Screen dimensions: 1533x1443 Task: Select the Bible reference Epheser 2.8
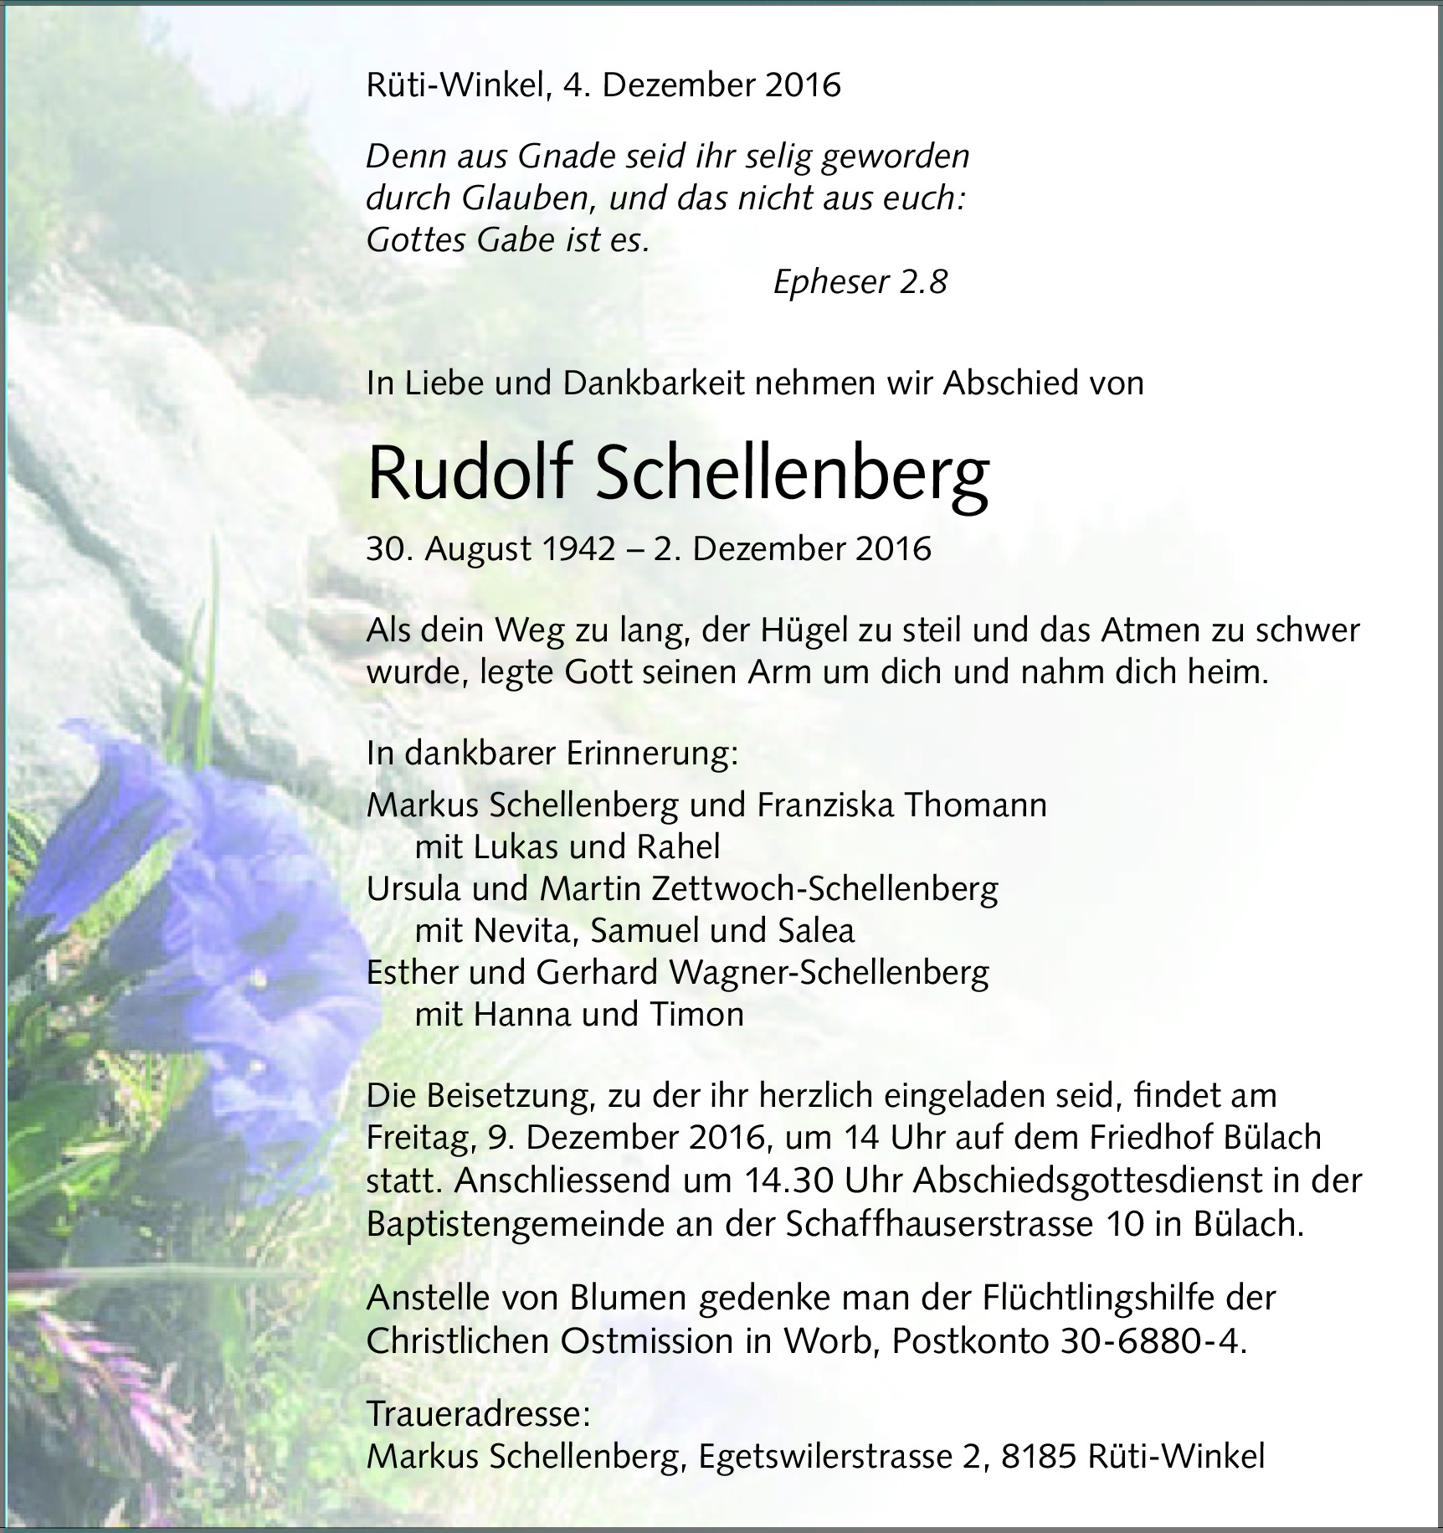click(860, 282)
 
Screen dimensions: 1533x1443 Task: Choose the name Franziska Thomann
click(901, 805)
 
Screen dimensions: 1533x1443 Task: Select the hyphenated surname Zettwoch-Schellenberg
click(824, 888)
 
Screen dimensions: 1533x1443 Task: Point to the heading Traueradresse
click(478, 1414)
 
